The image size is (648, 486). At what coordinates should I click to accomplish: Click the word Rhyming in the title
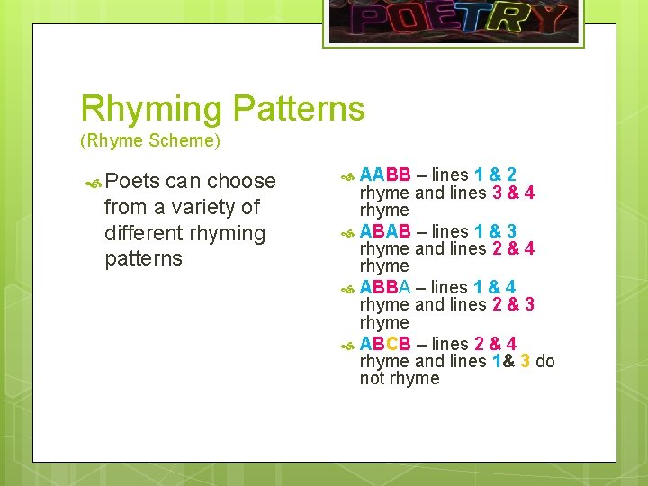click(152, 109)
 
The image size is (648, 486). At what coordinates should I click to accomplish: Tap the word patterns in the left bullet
click(143, 259)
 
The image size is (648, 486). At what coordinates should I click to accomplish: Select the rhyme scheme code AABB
click(385, 175)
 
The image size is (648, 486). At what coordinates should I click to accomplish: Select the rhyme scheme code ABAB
click(385, 230)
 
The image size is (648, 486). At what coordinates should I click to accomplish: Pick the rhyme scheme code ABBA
click(385, 287)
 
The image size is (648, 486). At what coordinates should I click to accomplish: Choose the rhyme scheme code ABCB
click(385, 344)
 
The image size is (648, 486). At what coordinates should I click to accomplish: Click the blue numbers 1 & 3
click(495, 230)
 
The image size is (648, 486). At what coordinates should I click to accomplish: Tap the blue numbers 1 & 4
click(495, 287)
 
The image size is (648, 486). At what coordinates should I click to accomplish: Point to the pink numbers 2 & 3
click(513, 305)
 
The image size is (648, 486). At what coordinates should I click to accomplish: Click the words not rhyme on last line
click(400, 379)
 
